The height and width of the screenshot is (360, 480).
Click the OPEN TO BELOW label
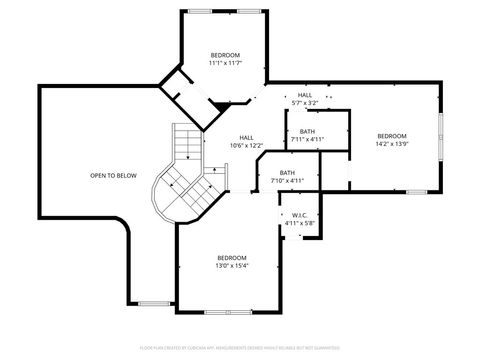(113, 175)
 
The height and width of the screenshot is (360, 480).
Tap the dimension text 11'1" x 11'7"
(224, 63)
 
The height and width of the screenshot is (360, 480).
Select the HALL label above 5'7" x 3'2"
(304, 95)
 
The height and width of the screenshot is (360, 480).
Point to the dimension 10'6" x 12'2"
(246, 146)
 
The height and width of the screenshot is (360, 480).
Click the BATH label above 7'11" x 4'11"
(307, 131)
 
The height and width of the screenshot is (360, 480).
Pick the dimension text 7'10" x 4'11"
(287, 181)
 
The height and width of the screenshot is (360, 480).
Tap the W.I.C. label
(298, 215)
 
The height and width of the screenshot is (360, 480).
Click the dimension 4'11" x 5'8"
(298, 223)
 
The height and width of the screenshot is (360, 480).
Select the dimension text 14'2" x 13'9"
(392, 144)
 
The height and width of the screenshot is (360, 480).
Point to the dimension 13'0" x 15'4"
(232, 266)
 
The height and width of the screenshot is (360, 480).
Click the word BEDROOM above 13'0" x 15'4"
(232, 257)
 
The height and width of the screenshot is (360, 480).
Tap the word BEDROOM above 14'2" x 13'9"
(392, 136)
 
